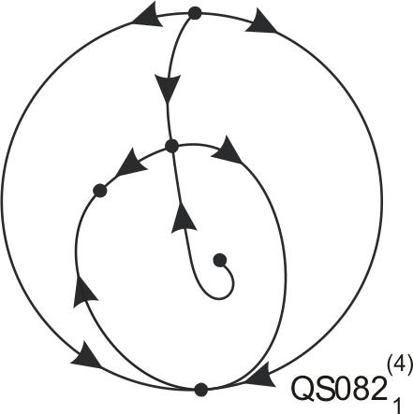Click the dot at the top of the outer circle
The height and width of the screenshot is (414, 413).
(x=195, y=14)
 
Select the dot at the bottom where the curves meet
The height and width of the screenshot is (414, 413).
(x=201, y=390)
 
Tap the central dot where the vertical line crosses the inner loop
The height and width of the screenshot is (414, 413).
(x=171, y=146)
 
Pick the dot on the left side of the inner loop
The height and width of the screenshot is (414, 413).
(x=100, y=191)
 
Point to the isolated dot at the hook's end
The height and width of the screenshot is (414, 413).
(x=220, y=260)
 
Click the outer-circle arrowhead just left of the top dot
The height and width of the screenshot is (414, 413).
(x=148, y=16)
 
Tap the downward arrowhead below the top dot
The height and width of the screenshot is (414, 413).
(x=168, y=89)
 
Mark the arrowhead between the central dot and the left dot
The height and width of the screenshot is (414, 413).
(x=131, y=166)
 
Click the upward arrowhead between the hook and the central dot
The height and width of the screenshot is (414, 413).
(x=184, y=218)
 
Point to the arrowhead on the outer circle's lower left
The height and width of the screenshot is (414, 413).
(x=86, y=355)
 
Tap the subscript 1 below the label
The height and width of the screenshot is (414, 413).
(x=397, y=404)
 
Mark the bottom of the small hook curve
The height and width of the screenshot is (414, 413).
(x=218, y=299)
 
